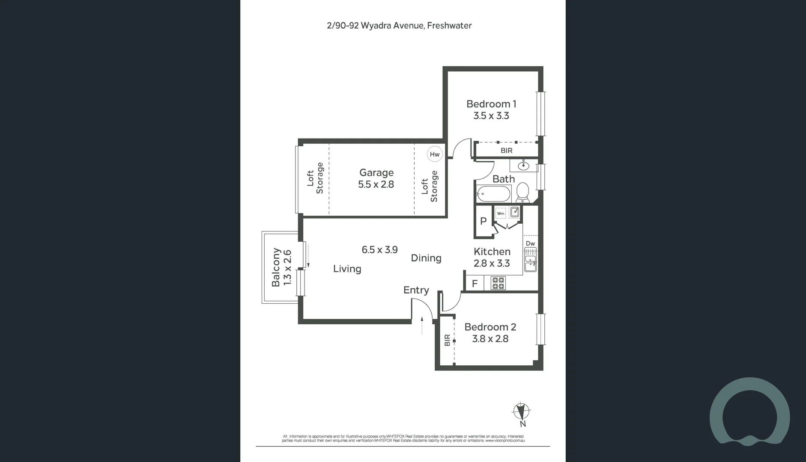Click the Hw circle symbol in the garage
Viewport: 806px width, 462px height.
pos(434,154)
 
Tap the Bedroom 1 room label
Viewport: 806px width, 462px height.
pos(491,104)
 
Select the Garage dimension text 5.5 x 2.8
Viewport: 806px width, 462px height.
pos(376,184)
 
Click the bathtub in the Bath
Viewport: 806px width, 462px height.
pos(493,194)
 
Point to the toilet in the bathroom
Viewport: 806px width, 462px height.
pos(522,192)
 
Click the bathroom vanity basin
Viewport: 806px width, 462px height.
pos(523,164)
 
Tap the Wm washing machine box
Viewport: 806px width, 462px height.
pos(501,213)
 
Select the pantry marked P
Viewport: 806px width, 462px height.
pos(483,221)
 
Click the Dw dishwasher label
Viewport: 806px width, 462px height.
pos(530,243)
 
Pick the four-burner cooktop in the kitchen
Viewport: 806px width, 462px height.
pos(498,283)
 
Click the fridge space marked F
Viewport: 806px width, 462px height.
pos(475,284)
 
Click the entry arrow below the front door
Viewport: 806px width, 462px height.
pos(422,326)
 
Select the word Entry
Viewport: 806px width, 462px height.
pos(416,290)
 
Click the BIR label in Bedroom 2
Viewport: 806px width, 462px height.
pos(447,340)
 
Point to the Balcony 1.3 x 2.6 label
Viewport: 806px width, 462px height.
pos(281,268)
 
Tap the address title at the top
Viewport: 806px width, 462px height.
pos(399,26)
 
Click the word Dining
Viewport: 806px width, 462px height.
pos(426,258)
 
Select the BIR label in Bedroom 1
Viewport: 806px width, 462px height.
pos(506,151)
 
